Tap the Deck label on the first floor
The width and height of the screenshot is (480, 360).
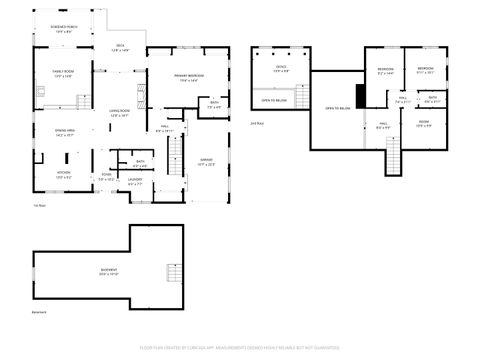[119, 47]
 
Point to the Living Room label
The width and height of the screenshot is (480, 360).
[119, 113]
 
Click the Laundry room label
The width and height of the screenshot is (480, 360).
[135, 182]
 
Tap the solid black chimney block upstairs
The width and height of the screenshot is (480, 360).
[363, 96]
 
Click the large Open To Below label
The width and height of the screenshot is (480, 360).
[337, 108]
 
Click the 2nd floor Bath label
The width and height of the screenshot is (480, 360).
[431, 101]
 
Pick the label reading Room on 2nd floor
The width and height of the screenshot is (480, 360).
[423, 125]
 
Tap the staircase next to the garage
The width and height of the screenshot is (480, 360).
[176, 156]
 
